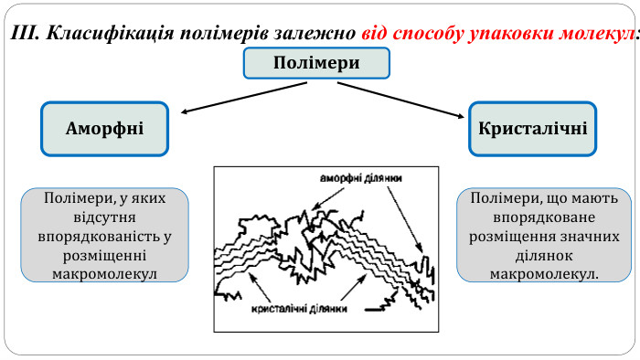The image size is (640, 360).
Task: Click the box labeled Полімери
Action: tap(316, 63)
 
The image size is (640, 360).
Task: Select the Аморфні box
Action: tap(105, 128)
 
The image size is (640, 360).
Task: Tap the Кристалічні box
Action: tap(533, 128)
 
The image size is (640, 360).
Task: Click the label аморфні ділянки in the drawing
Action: tap(360, 177)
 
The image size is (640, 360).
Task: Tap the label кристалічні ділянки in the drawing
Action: tap(298, 309)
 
